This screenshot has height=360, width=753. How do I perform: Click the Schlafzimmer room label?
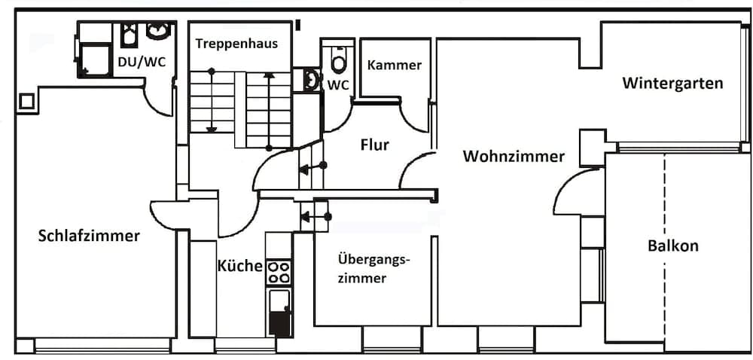click(89, 236)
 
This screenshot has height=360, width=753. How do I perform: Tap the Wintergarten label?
click(672, 83)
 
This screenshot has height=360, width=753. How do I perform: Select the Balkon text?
click(673, 246)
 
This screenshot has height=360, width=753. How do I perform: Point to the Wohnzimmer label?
click(514, 157)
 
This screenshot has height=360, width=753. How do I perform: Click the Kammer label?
click(394, 65)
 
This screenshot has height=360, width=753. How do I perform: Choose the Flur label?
click(374, 145)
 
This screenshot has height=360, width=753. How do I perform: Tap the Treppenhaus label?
click(236, 43)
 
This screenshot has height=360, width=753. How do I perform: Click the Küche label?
click(239, 266)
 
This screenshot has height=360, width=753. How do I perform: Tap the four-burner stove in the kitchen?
click(279, 271)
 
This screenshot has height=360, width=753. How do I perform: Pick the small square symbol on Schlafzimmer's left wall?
click(27, 101)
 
